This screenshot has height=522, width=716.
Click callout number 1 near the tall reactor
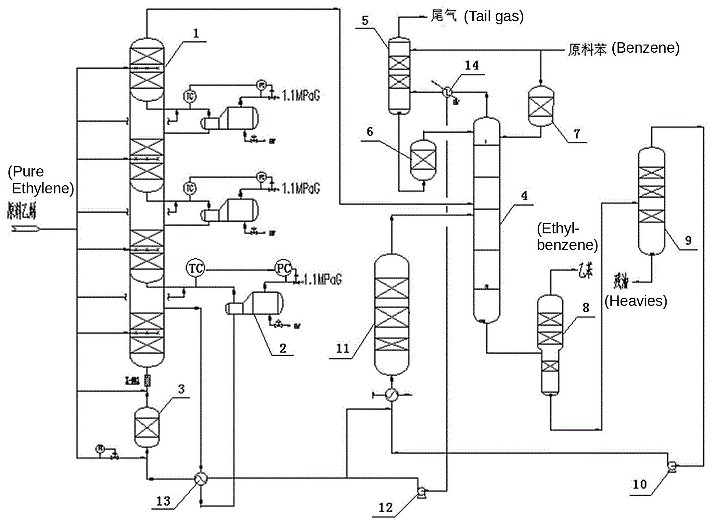(x=196, y=33)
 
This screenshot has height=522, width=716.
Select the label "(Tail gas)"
(x=493, y=16)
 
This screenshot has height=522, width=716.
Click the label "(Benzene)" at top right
(x=646, y=48)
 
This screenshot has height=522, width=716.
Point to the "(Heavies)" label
(x=635, y=301)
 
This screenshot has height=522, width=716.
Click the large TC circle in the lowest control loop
(x=196, y=268)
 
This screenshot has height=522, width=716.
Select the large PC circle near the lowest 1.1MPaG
(x=283, y=268)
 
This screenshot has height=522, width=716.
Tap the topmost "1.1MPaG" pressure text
(x=301, y=96)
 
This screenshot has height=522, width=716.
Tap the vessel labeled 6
(x=423, y=160)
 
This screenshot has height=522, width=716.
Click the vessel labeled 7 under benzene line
(x=541, y=106)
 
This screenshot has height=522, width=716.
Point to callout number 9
(x=688, y=240)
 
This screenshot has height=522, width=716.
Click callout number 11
(x=342, y=349)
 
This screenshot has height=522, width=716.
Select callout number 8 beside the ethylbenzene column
(x=586, y=307)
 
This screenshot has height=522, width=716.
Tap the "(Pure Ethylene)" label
(x=41, y=180)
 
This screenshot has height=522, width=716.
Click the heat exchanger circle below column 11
(x=392, y=395)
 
